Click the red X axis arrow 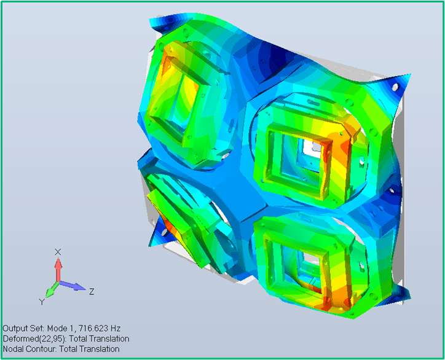(x=58, y=270)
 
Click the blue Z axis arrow (x=72, y=286)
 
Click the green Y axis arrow (x=52, y=289)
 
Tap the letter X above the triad (x=58, y=252)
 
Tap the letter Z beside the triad (x=92, y=291)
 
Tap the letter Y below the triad (x=42, y=302)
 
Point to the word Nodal (x=14, y=349)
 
